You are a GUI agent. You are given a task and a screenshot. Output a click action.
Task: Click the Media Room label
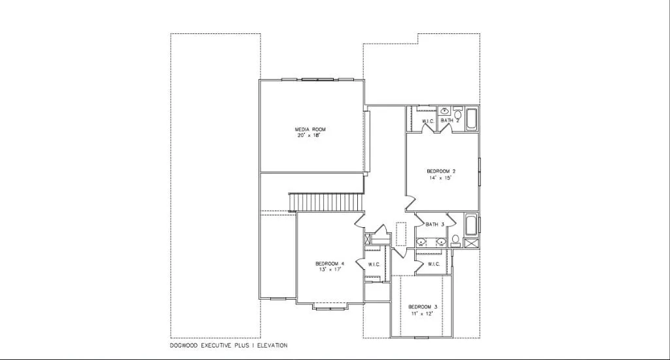310,130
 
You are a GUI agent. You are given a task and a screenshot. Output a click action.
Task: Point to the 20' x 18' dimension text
310,135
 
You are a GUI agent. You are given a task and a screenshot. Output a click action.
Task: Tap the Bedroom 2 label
436,171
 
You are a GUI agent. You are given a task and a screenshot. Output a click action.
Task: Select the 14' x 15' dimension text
436,177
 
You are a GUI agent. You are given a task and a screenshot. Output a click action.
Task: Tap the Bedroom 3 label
423,307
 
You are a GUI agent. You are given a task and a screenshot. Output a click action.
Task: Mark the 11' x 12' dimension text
423,313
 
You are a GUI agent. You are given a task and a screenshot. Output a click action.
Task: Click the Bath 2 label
450,121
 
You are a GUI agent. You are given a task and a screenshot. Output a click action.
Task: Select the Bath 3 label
435,225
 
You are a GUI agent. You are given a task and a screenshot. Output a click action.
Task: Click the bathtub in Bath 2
472,119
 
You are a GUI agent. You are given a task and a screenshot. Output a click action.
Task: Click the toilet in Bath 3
455,240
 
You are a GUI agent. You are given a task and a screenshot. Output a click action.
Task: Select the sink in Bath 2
444,111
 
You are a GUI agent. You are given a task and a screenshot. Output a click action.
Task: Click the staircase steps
325,202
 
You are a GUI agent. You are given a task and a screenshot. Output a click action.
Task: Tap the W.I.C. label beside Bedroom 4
374,264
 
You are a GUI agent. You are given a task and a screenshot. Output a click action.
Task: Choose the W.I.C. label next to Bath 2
428,122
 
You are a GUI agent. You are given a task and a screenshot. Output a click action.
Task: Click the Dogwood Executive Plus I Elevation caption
228,345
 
